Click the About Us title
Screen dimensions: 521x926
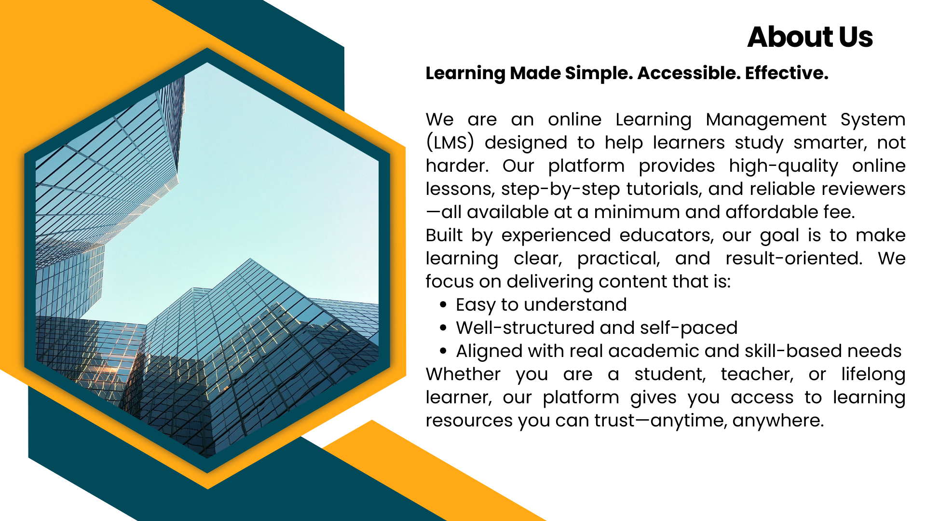coord(810,37)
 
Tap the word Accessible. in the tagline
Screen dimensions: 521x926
coord(688,73)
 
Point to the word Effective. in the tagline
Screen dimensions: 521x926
coord(786,73)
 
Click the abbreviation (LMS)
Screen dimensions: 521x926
coord(449,143)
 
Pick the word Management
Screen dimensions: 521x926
coord(766,120)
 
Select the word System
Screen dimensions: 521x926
coord(872,120)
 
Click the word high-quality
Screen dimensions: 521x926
coord(783,166)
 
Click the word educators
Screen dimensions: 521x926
coord(666,235)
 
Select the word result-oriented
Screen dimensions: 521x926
coord(794,259)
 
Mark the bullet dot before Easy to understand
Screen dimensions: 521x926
coord(443,305)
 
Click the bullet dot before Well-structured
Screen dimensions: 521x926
coord(443,328)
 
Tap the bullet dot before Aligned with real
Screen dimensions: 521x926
coord(443,351)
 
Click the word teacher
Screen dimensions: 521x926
coord(757,374)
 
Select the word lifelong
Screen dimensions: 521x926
coord(873,374)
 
